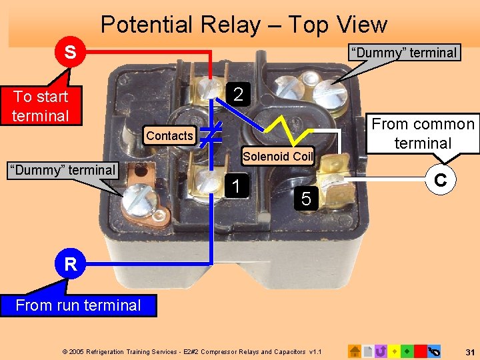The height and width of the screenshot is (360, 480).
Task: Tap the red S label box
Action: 69,52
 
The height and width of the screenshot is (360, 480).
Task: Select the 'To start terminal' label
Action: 41,106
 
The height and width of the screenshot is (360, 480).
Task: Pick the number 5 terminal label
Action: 306,198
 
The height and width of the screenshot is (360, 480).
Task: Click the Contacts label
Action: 169,136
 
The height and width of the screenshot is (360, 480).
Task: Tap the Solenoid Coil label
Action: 278,157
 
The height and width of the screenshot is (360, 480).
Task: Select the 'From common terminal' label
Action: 423,133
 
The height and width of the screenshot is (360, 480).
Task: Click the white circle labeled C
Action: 440,181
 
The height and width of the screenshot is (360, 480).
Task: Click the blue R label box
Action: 71,265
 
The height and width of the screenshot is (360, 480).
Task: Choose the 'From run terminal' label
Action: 78,305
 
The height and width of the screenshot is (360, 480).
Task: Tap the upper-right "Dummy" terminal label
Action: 404,53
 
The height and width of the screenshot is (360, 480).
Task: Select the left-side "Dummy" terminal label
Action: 61,170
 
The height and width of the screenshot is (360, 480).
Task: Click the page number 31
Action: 469,351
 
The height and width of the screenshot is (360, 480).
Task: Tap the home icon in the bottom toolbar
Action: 355,351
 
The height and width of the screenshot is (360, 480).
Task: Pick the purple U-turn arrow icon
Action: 381,351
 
